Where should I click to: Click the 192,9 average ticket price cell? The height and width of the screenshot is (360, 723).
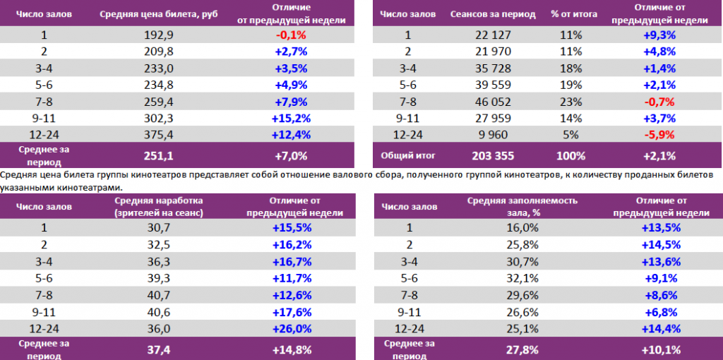pyautogui.click(x=159, y=35)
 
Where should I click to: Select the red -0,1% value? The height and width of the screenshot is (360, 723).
pyautogui.click(x=289, y=35)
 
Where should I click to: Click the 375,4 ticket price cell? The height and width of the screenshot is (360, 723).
pyautogui.click(x=159, y=133)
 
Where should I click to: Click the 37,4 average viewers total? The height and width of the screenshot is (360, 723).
pyautogui.click(x=159, y=348)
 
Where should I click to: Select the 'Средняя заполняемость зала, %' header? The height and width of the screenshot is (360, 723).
pyautogui.click(x=522, y=206)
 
